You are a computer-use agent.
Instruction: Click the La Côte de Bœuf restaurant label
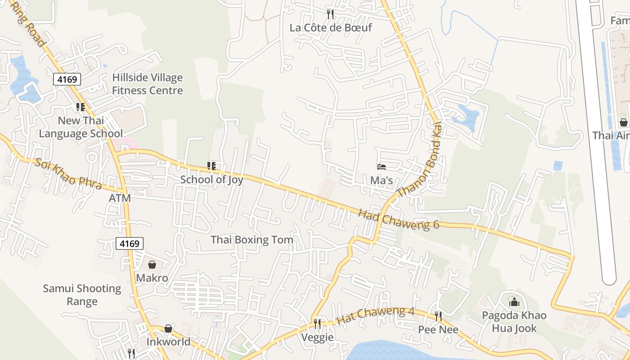[x=331, y=27]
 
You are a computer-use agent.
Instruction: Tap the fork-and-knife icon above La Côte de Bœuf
[x=331, y=14]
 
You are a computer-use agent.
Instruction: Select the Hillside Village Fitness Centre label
[x=148, y=84]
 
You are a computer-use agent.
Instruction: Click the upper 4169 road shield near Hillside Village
[x=67, y=80]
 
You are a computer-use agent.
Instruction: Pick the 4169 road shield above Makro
[x=130, y=243]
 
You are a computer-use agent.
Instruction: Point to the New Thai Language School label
[x=81, y=127]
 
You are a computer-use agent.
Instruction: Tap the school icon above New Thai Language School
[x=81, y=107]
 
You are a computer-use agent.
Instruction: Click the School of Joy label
[x=211, y=180]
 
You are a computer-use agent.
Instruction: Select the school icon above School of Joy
[x=211, y=166]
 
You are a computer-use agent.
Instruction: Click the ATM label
[x=120, y=198]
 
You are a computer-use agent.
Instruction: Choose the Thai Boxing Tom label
[x=252, y=240]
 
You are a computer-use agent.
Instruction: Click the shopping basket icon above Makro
[x=152, y=265]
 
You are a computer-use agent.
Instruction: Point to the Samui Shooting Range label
[x=82, y=295]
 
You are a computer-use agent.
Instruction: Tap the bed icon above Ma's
[x=382, y=167]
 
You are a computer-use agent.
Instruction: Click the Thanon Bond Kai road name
[x=419, y=160]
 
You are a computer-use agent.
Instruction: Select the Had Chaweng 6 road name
[x=399, y=219]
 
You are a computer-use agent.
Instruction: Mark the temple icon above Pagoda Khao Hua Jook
[x=514, y=301]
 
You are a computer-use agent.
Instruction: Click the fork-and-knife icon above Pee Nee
[x=438, y=316]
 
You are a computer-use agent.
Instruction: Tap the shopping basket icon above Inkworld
[x=168, y=328]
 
